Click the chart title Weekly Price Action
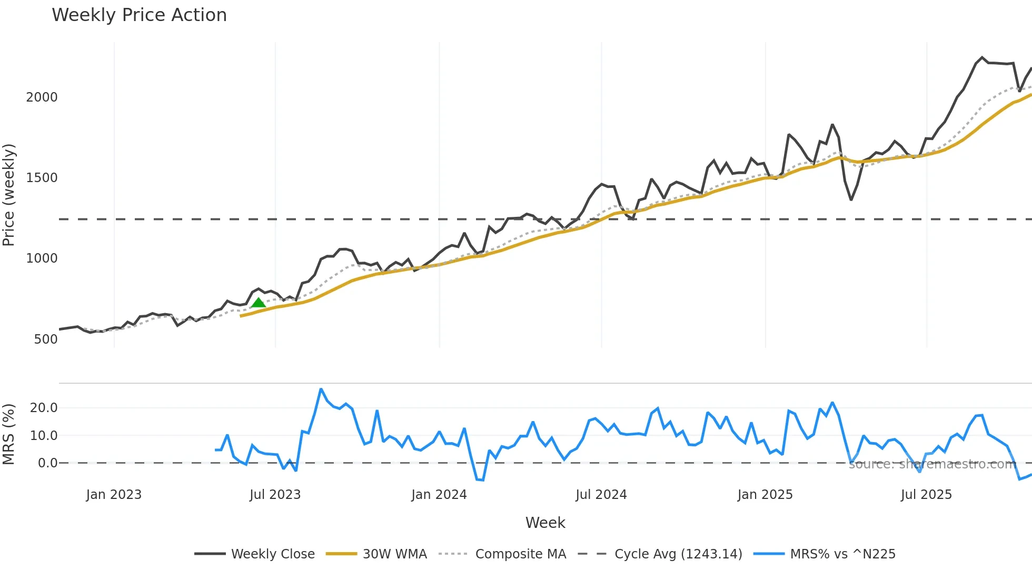(139, 15)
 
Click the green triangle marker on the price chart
(258, 303)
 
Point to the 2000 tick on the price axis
(42, 97)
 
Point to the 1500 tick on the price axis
(42, 178)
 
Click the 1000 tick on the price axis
(42, 258)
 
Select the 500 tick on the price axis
(46, 339)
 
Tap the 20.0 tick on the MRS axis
(44, 408)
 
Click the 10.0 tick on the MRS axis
(44, 436)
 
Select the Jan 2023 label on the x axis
(114, 495)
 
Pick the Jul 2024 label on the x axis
(601, 495)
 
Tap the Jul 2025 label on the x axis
(926, 495)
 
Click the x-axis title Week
(545, 523)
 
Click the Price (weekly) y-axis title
(9, 195)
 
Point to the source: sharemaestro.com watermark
(932, 464)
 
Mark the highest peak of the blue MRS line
(321, 389)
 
